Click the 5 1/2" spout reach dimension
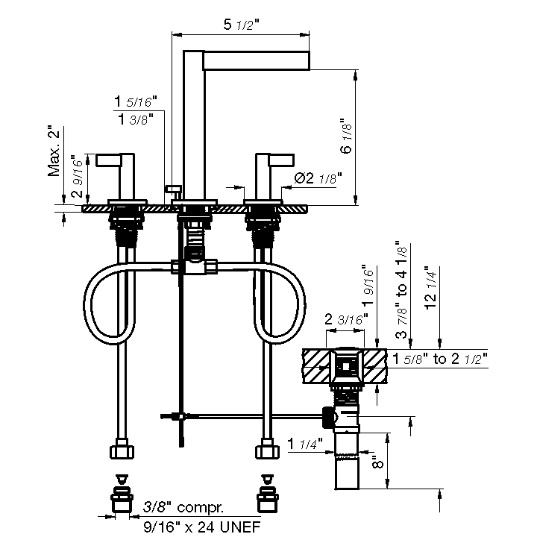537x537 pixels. [242, 25]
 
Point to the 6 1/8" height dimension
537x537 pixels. [346, 136]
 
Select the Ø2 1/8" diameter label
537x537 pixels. [318, 178]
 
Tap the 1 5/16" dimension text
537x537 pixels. [135, 101]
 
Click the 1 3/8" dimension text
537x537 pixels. [136, 119]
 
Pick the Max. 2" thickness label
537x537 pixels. [54, 151]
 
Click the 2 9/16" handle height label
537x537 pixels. [78, 176]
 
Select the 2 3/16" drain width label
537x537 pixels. [346, 319]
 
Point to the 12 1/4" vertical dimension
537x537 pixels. [430, 288]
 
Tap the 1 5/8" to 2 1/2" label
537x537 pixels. [440, 359]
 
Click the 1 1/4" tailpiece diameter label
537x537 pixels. [305, 444]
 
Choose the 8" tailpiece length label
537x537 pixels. [377, 462]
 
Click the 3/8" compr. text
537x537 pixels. [183, 507]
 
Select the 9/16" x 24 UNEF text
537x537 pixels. [201, 527]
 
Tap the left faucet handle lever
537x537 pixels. [109, 160]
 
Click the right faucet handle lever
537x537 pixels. [281, 160]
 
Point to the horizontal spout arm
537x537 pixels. [257, 60]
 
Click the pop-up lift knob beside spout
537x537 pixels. [173, 189]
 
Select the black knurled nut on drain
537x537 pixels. [327, 417]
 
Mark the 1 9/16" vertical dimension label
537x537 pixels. [369, 285]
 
